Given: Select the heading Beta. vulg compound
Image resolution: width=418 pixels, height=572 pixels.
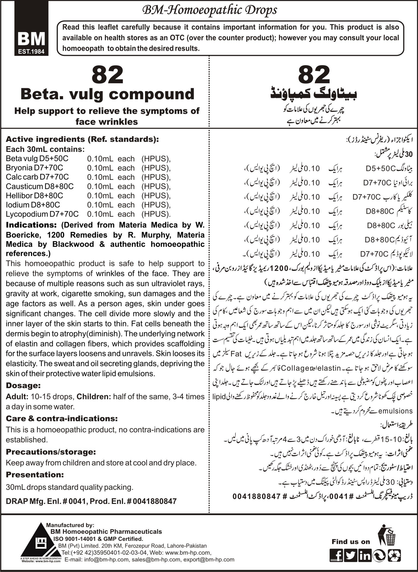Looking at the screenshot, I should click(x=108, y=94).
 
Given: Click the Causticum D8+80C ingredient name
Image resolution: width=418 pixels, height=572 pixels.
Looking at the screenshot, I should click(x=40, y=186).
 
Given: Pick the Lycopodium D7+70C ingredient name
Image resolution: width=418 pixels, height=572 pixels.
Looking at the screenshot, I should click(x=42, y=214).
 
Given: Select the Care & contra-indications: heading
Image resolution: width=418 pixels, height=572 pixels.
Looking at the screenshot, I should click(x=62, y=418).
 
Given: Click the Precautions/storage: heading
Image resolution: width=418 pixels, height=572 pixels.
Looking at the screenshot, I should click(x=51, y=452).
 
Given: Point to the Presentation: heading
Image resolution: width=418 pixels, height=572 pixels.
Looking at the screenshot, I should click(x=35, y=475).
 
